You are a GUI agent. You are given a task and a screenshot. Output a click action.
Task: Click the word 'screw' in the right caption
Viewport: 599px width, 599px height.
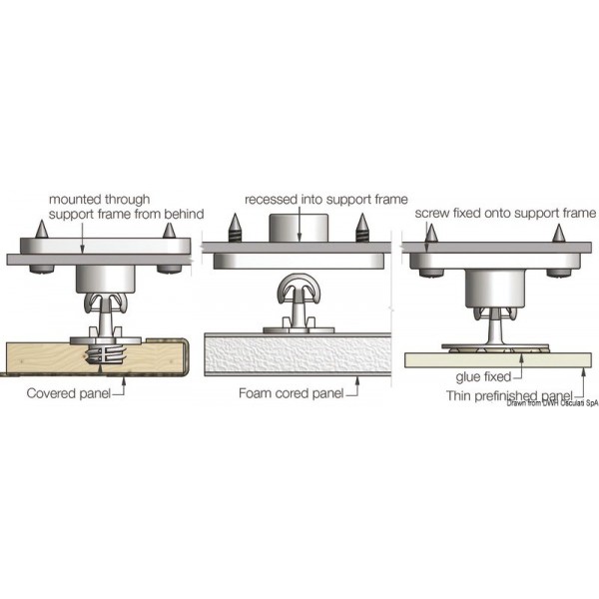click(x=431, y=213)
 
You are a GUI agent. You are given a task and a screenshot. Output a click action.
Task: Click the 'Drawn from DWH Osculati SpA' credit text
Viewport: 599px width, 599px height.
click(x=551, y=403)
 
